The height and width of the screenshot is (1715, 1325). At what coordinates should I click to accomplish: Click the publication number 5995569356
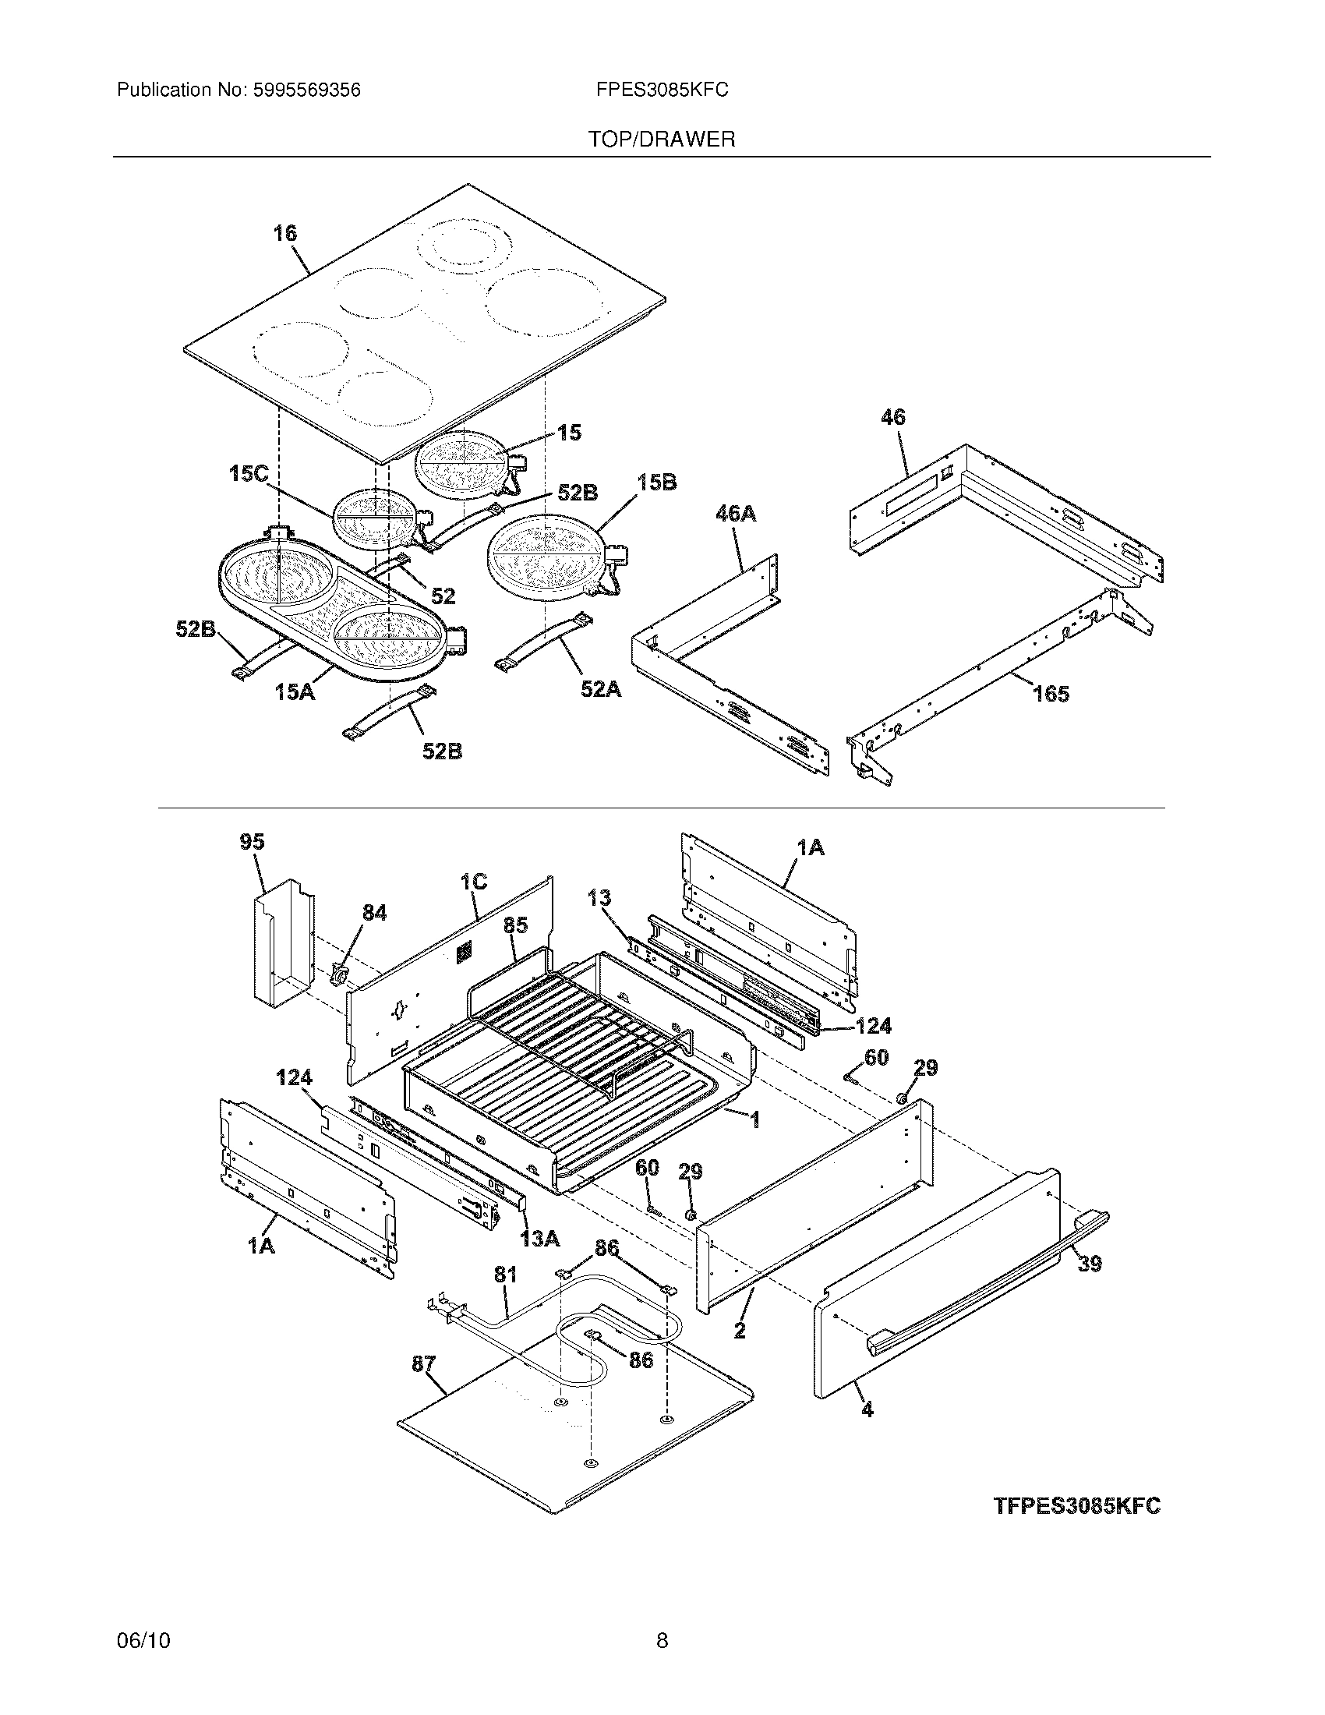(x=306, y=90)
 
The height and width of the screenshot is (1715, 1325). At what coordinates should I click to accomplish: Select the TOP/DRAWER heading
(x=662, y=140)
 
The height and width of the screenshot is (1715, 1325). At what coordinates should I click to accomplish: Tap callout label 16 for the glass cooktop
(x=285, y=233)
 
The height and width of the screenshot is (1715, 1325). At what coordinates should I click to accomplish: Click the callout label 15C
(x=249, y=473)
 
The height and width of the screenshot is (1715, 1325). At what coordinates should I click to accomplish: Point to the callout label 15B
(x=657, y=482)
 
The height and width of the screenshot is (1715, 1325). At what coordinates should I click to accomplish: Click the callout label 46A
(x=736, y=514)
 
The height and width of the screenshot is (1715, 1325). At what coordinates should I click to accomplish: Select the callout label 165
(x=1051, y=693)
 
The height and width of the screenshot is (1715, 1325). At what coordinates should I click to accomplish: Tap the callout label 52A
(x=600, y=689)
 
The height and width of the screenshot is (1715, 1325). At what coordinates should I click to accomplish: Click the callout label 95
(x=252, y=842)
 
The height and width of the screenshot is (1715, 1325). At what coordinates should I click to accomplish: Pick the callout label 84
(x=373, y=913)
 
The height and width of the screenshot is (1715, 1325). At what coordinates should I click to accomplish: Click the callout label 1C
(x=473, y=882)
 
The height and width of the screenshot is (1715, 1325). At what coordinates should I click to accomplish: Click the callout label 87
(x=424, y=1364)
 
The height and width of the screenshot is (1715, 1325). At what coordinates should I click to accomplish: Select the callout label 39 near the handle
(x=1090, y=1264)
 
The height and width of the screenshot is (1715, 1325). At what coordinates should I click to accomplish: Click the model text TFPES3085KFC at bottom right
(x=1077, y=1506)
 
